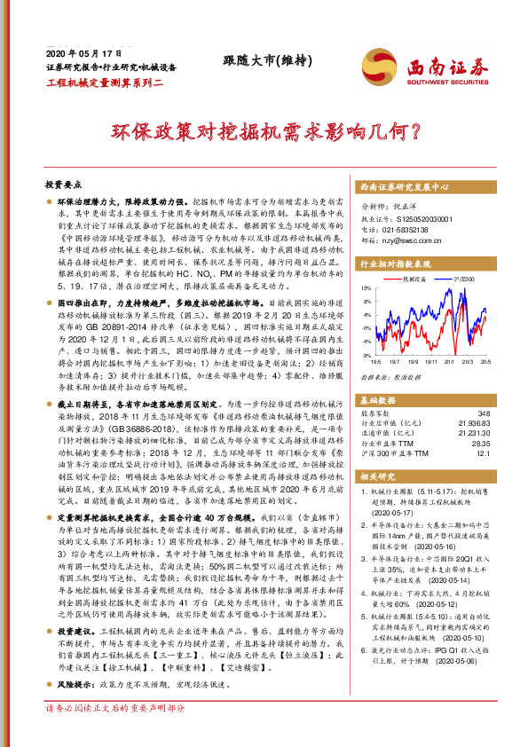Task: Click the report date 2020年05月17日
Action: [82, 52]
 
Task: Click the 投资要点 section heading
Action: [63, 185]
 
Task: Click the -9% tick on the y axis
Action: [366, 355]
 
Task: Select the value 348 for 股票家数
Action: [483, 413]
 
